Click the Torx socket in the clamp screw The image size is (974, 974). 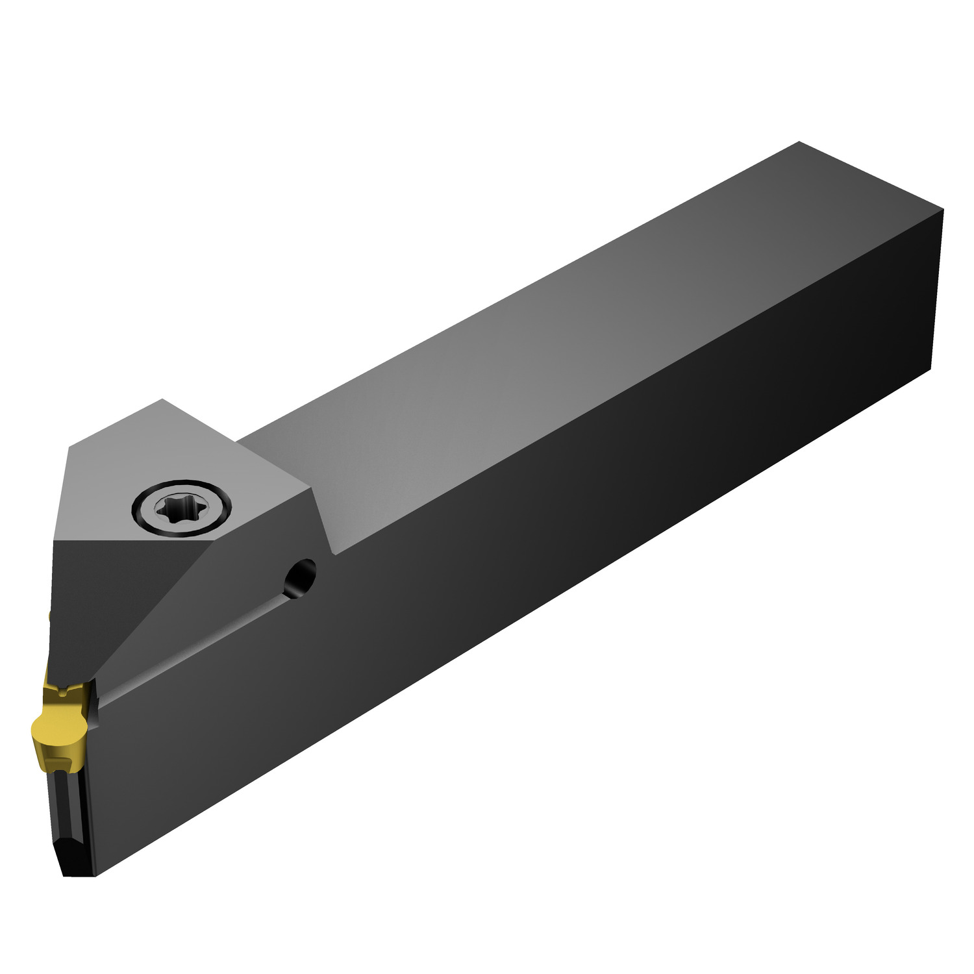pos(182,508)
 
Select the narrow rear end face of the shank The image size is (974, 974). pos(935,292)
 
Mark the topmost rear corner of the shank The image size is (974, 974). pos(799,142)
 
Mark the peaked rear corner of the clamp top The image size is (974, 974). pos(162,400)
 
